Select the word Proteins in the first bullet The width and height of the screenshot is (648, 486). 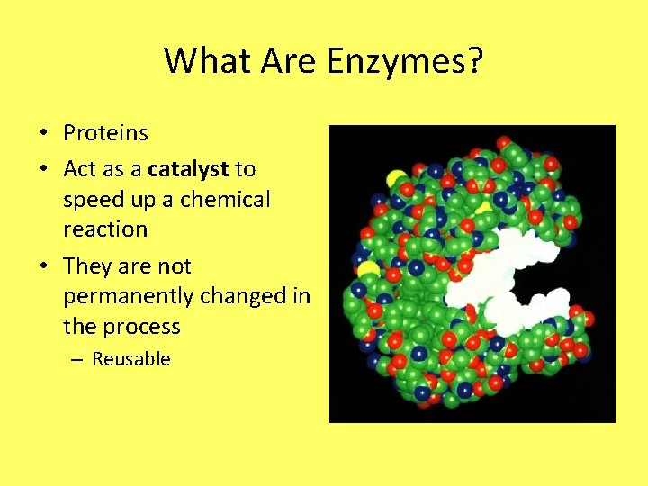point(105,133)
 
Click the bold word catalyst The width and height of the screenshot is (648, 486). point(188,169)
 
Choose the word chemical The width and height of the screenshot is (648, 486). point(225,199)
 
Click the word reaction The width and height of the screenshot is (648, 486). point(104,229)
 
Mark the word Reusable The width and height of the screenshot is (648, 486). point(131,359)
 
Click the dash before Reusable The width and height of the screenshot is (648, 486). point(76,359)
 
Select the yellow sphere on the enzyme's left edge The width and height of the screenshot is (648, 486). point(366,268)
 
